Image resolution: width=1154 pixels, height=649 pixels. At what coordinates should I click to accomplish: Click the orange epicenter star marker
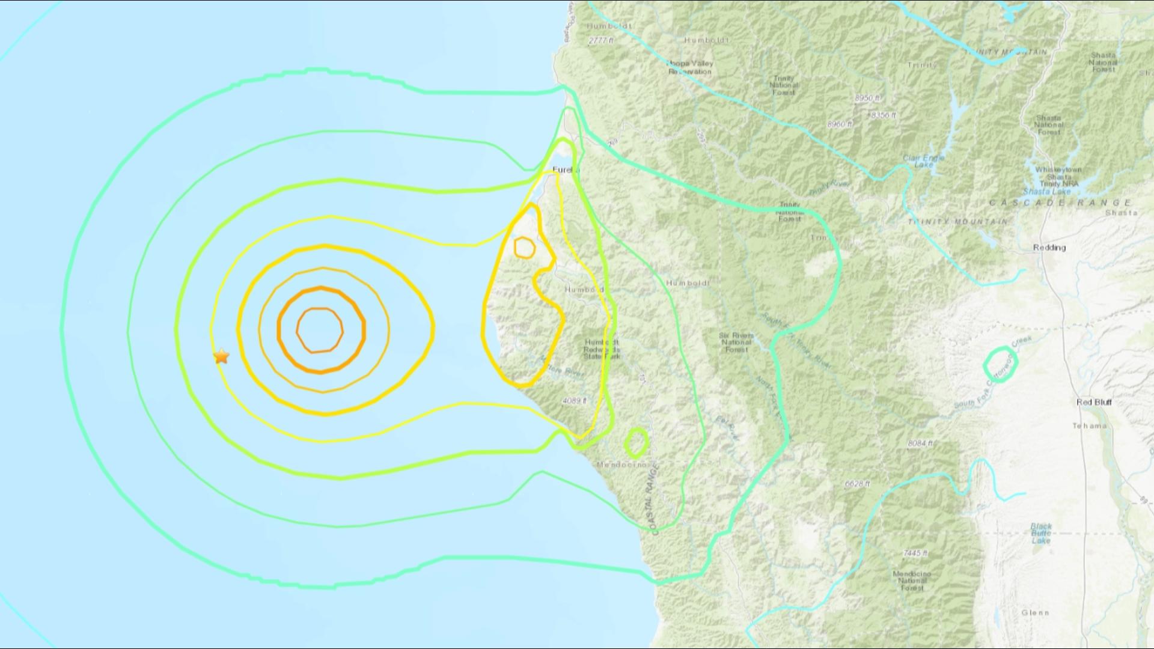pyautogui.click(x=221, y=356)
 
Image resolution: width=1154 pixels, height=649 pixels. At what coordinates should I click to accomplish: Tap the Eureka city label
pyautogui.click(x=566, y=170)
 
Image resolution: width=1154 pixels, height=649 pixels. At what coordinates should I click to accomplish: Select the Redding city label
pyautogui.click(x=1049, y=248)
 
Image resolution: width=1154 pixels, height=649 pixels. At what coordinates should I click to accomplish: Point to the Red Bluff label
pyautogui.click(x=1094, y=402)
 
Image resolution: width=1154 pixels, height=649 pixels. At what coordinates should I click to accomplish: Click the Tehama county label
pyautogui.click(x=1089, y=426)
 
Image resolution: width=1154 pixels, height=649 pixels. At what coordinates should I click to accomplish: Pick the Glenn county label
pyautogui.click(x=1034, y=612)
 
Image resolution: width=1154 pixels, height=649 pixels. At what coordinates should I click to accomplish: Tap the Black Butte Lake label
pyautogui.click(x=1041, y=533)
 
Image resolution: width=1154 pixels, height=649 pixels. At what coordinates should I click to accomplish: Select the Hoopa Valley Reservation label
pyautogui.click(x=691, y=67)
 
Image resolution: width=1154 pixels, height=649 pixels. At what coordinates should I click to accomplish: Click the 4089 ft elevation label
pyautogui.click(x=575, y=400)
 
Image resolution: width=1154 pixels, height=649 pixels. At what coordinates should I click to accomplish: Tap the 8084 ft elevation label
pyautogui.click(x=920, y=443)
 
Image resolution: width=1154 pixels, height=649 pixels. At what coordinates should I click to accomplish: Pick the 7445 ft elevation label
pyautogui.click(x=915, y=553)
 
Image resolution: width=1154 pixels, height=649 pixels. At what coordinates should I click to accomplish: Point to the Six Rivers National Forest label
pyautogui.click(x=736, y=343)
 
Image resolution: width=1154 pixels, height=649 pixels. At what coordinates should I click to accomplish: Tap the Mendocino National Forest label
pyautogui.click(x=912, y=580)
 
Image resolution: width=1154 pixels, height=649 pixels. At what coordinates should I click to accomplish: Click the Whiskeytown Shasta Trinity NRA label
pyautogui.click(x=1058, y=177)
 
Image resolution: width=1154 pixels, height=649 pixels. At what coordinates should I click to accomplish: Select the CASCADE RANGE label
pyautogui.click(x=1060, y=203)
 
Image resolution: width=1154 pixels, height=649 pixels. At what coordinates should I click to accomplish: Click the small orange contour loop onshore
pyautogui.click(x=524, y=247)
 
